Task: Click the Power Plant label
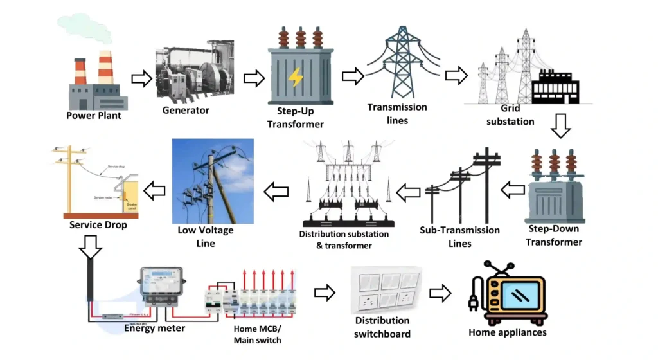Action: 94,116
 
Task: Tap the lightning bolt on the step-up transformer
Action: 296,78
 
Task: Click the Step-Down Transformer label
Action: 554,235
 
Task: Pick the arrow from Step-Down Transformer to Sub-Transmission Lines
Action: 513,190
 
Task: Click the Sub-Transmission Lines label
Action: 459,237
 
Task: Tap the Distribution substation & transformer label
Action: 344,240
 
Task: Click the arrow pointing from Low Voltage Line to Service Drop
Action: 154,190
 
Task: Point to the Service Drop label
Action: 98,226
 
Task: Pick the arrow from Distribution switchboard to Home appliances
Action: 440,293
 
